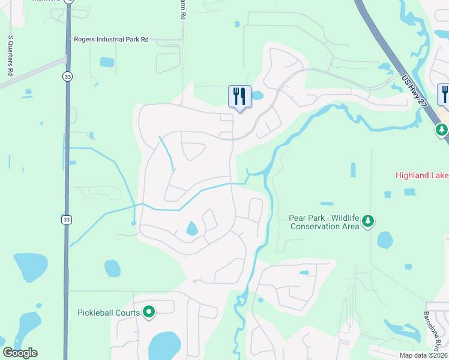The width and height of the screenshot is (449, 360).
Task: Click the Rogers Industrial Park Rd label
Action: tap(111, 40)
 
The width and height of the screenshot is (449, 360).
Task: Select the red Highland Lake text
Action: tap(422, 176)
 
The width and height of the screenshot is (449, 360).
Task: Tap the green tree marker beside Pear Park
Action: tap(368, 221)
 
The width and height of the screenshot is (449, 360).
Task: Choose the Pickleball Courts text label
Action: tap(109, 313)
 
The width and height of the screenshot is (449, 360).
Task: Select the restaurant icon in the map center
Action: tap(239, 97)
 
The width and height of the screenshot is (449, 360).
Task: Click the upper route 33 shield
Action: tap(68, 76)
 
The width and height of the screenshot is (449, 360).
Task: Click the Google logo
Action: tap(20, 353)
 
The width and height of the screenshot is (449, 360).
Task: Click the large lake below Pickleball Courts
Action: tap(163, 347)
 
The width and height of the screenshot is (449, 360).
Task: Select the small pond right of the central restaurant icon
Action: tap(258, 95)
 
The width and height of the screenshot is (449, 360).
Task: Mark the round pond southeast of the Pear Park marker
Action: tap(385, 240)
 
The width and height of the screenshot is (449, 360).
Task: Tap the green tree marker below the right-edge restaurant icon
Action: tap(442, 130)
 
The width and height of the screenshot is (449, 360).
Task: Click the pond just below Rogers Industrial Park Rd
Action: tap(107, 61)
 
